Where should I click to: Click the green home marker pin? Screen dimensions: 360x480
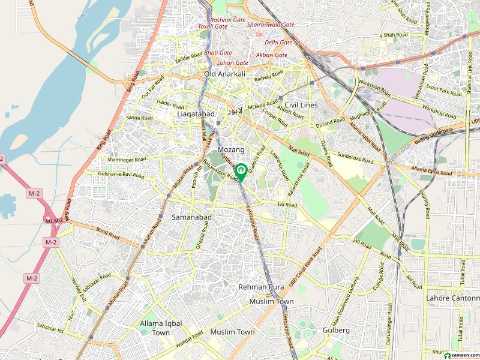(241, 171)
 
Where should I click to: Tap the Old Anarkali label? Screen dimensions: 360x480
(225, 74)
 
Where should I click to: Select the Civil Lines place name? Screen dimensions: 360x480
(301, 105)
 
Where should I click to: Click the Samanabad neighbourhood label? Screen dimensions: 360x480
(190, 216)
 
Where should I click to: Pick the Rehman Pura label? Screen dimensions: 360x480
(261, 287)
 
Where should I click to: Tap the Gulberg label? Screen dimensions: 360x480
(336, 330)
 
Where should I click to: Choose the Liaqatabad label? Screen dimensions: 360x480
(196, 113)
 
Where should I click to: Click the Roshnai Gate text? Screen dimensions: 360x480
(227, 20)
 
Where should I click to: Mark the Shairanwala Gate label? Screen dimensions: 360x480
(271, 25)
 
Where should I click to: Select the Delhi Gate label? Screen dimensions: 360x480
(278, 43)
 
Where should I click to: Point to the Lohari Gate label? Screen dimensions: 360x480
(233, 62)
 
